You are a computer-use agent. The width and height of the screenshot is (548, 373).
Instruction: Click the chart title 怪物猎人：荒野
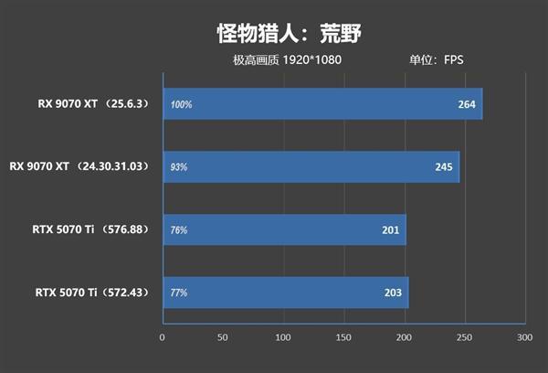click(273, 35)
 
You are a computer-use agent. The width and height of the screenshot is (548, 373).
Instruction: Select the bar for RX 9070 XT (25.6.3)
click(322, 104)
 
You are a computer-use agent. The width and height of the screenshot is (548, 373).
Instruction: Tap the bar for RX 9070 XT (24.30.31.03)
click(311, 167)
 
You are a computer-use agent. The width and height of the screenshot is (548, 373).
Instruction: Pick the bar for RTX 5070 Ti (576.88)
click(284, 230)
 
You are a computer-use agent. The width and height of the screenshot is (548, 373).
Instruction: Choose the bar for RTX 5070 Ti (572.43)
click(285, 293)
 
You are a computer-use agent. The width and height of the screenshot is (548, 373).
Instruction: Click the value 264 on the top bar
click(467, 104)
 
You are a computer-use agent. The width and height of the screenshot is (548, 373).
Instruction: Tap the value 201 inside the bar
click(391, 230)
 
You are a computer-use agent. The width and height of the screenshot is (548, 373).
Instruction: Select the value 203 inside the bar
click(394, 293)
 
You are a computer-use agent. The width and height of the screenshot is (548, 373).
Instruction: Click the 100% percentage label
click(181, 104)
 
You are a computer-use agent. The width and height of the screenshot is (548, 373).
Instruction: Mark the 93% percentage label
click(179, 167)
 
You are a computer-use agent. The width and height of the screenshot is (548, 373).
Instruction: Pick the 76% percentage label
click(179, 230)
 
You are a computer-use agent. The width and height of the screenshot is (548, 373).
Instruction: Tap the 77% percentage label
click(179, 293)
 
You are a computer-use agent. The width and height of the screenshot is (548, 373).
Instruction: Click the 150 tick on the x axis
click(343, 338)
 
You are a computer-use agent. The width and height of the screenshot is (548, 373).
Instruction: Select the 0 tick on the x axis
click(163, 338)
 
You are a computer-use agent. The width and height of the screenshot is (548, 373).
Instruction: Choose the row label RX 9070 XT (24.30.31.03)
click(79, 167)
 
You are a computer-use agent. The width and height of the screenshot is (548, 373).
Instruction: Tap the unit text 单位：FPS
click(437, 60)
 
